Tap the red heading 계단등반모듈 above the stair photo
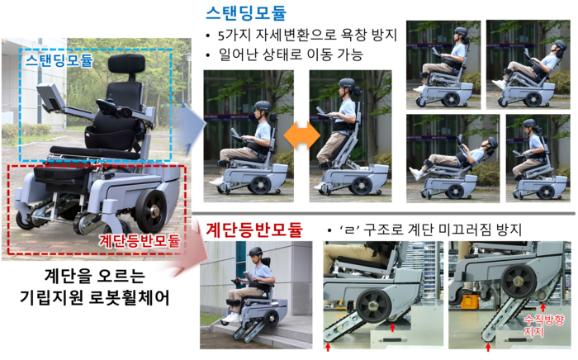coord(254,229)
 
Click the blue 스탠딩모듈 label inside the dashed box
coord(59,61)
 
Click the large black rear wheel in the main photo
coord(153,212)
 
